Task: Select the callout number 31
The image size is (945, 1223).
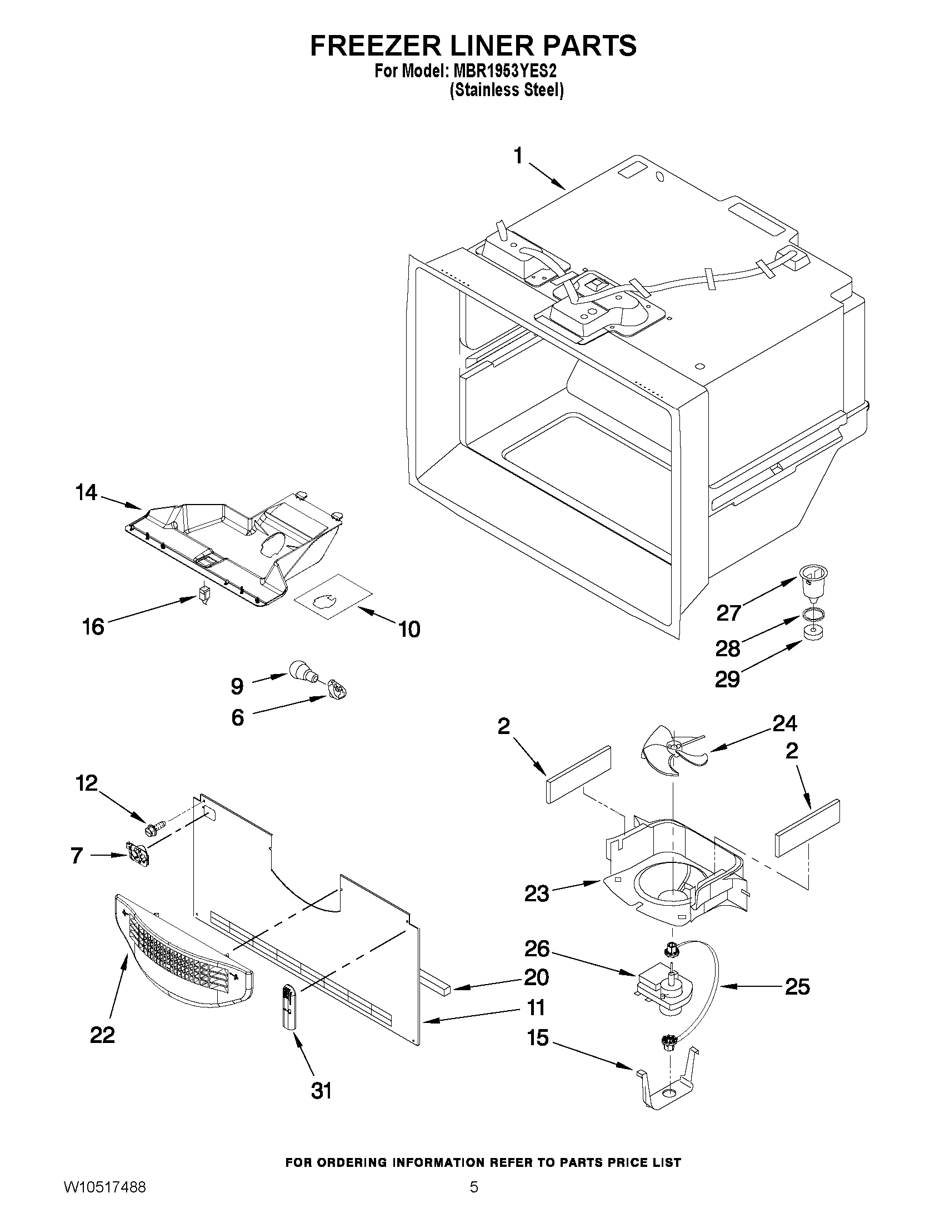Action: coord(321,1090)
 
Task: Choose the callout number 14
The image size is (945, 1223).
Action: coord(86,493)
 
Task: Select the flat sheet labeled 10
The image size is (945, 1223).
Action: coord(333,598)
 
